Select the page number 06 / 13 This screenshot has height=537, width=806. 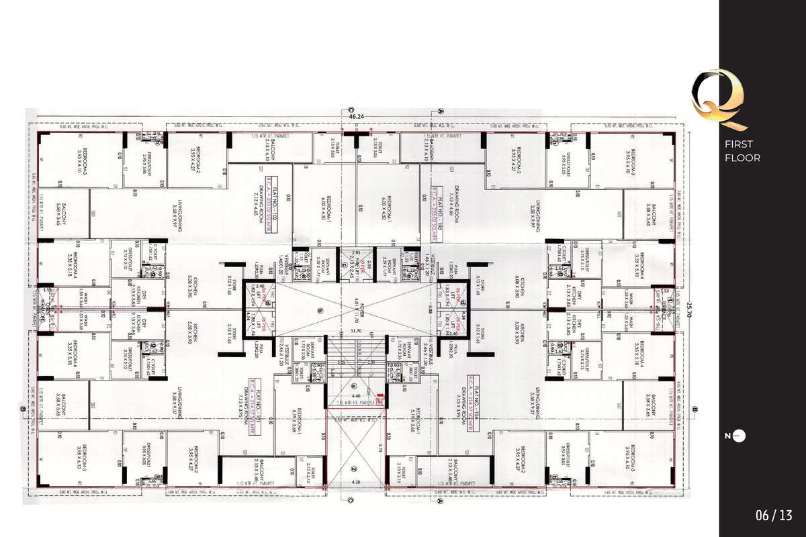coord(774,516)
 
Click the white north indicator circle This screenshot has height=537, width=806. coord(742,436)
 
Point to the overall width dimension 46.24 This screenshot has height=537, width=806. coord(357,117)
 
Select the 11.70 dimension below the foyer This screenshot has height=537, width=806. coord(356,331)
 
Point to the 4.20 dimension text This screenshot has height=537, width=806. coord(356,481)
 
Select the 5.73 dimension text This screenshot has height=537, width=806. coord(379,446)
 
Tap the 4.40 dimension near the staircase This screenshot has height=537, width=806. coord(356,396)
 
